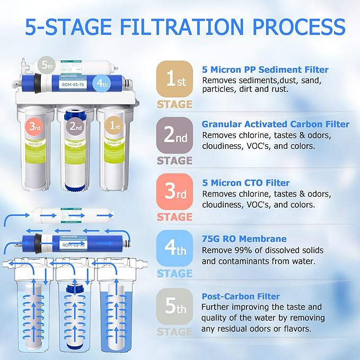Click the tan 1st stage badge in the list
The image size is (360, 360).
[x=174, y=78]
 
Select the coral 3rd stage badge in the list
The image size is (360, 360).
[x=174, y=192]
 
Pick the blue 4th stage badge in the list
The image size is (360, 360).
[x=174, y=249]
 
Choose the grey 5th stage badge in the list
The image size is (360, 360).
[x=174, y=306]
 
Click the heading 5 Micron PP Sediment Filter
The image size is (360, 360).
[x=265, y=69]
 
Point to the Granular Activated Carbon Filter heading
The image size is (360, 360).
[x=275, y=124]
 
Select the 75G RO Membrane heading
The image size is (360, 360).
[x=244, y=239]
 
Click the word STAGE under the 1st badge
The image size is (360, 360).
[x=174, y=104]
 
